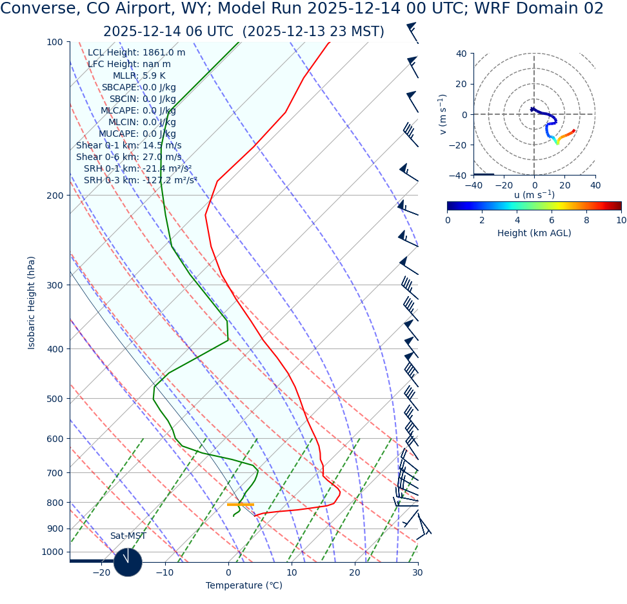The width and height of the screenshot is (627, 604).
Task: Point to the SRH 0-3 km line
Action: click(x=140, y=181)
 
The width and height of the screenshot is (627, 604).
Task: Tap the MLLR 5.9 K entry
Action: click(x=139, y=76)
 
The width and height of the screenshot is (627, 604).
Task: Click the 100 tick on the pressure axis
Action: click(x=54, y=42)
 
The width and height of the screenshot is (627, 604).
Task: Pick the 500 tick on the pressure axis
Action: click(x=54, y=399)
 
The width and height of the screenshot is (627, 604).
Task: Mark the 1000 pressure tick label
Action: click(x=52, y=552)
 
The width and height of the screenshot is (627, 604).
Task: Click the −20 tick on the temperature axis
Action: click(x=101, y=573)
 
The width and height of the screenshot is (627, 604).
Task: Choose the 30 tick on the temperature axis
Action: click(x=417, y=573)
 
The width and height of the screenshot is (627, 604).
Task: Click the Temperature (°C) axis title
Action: click(x=244, y=586)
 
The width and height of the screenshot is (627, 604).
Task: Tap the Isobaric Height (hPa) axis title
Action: click(x=32, y=303)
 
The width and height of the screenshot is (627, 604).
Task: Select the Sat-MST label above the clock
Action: click(x=128, y=536)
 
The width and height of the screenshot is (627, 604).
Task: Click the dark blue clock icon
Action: click(x=128, y=562)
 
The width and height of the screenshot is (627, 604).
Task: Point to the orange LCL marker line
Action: click(x=240, y=505)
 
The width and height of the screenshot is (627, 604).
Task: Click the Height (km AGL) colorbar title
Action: click(x=534, y=234)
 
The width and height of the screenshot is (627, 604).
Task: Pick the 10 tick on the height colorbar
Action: click(x=621, y=220)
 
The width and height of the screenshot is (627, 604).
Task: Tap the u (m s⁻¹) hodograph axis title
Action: click(x=534, y=195)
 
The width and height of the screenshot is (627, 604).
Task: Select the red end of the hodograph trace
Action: click(x=573, y=131)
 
